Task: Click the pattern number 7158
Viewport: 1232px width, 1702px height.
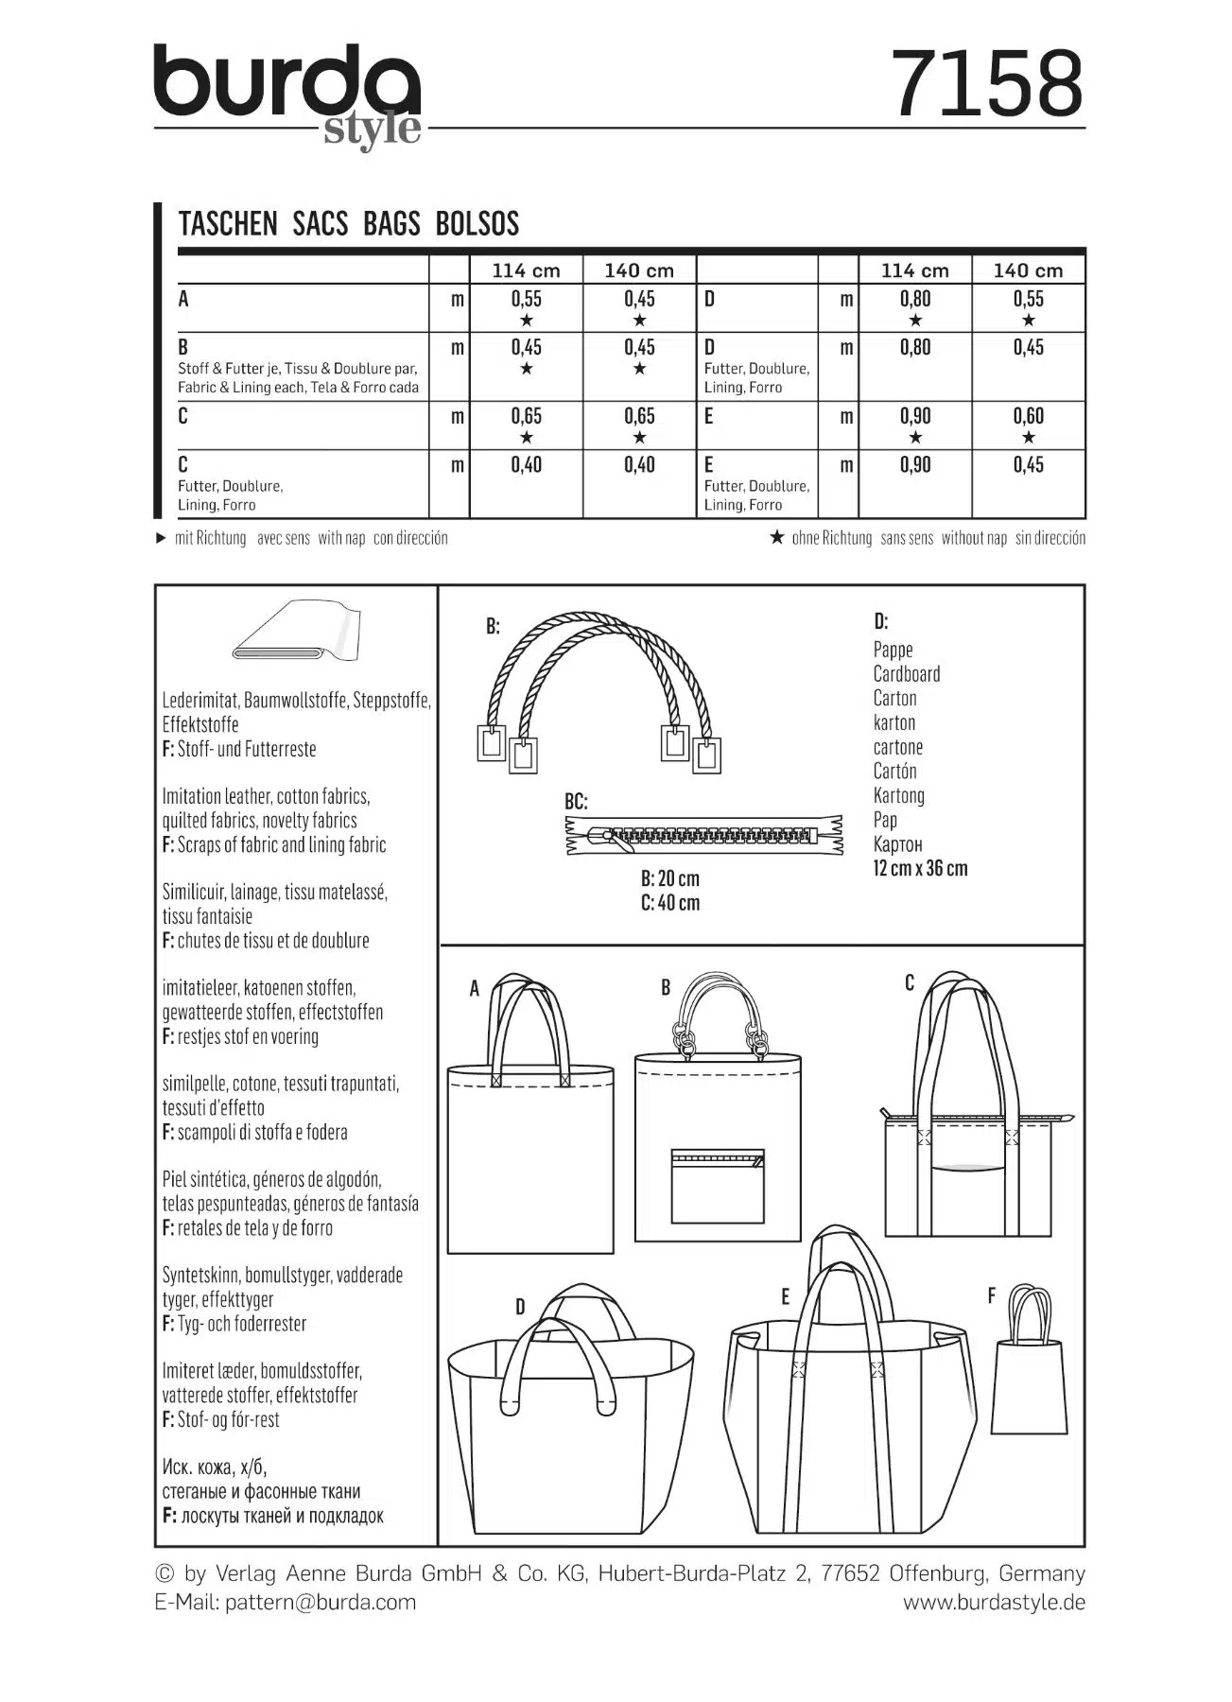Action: (x=987, y=83)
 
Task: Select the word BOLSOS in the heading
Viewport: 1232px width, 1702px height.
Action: (x=477, y=224)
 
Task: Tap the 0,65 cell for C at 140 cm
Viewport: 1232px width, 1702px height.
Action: (x=639, y=416)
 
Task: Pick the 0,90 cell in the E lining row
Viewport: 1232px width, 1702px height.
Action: (x=914, y=465)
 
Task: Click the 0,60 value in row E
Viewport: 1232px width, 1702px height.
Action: (x=1028, y=416)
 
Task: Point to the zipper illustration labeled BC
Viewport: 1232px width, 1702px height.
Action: (x=703, y=835)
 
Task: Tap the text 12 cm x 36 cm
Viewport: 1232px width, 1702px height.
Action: (x=920, y=869)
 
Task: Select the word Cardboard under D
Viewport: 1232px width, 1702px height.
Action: (x=906, y=674)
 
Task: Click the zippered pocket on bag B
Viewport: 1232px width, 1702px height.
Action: (x=717, y=1186)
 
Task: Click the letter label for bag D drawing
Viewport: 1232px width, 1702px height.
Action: (x=520, y=1308)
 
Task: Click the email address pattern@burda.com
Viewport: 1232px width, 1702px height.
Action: (x=321, y=1602)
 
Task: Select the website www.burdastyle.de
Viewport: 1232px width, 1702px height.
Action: (x=994, y=1602)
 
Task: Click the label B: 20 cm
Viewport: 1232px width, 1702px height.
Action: (x=669, y=878)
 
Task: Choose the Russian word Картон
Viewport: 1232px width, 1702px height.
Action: (x=897, y=844)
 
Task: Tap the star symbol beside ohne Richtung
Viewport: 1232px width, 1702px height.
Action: (x=777, y=538)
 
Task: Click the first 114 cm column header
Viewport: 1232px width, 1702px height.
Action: (x=526, y=270)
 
